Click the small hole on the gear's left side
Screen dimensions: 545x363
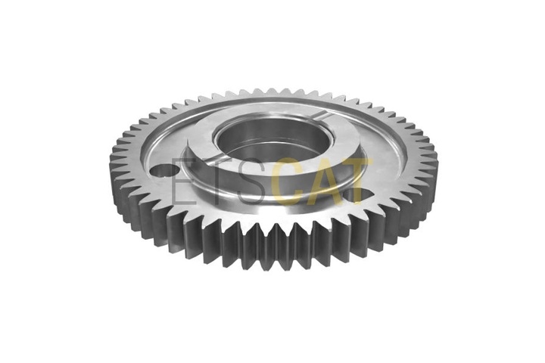click(166, 171)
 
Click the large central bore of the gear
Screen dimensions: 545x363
click(272, 139)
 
